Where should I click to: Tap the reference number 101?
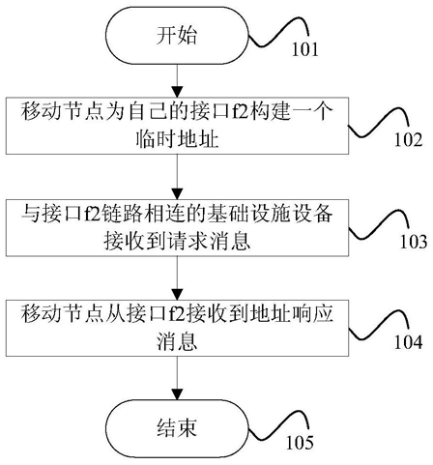pyautogui.click(x=304, y=49)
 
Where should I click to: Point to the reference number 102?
pyautogui.click(x=408, y=140)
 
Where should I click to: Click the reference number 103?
pyautogui.click(x=414, y=242)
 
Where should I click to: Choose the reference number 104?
pyautogui.click(x=408, y=342)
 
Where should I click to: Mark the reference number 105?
pyautogui.click(x=300, y=443)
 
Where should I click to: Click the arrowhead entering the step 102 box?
pyautogui.click(x=177, y=92)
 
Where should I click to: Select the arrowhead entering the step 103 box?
pyautogui.click(x=177, y=193)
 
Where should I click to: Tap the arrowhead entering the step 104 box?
pyautogui.click(x=177, y=294)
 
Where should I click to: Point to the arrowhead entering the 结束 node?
pyautogui.click(x=177, y=394)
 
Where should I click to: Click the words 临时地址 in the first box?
pyautogui.click(x=177, y=140)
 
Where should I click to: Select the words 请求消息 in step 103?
pyautogui.click(x=209, y=242)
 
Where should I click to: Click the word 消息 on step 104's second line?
pyautogui.click(x=177, y=341)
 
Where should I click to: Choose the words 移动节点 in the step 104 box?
pyautogui.click(x=63, y=313)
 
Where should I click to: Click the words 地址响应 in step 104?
pyautogui.click(x=292, y=313)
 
